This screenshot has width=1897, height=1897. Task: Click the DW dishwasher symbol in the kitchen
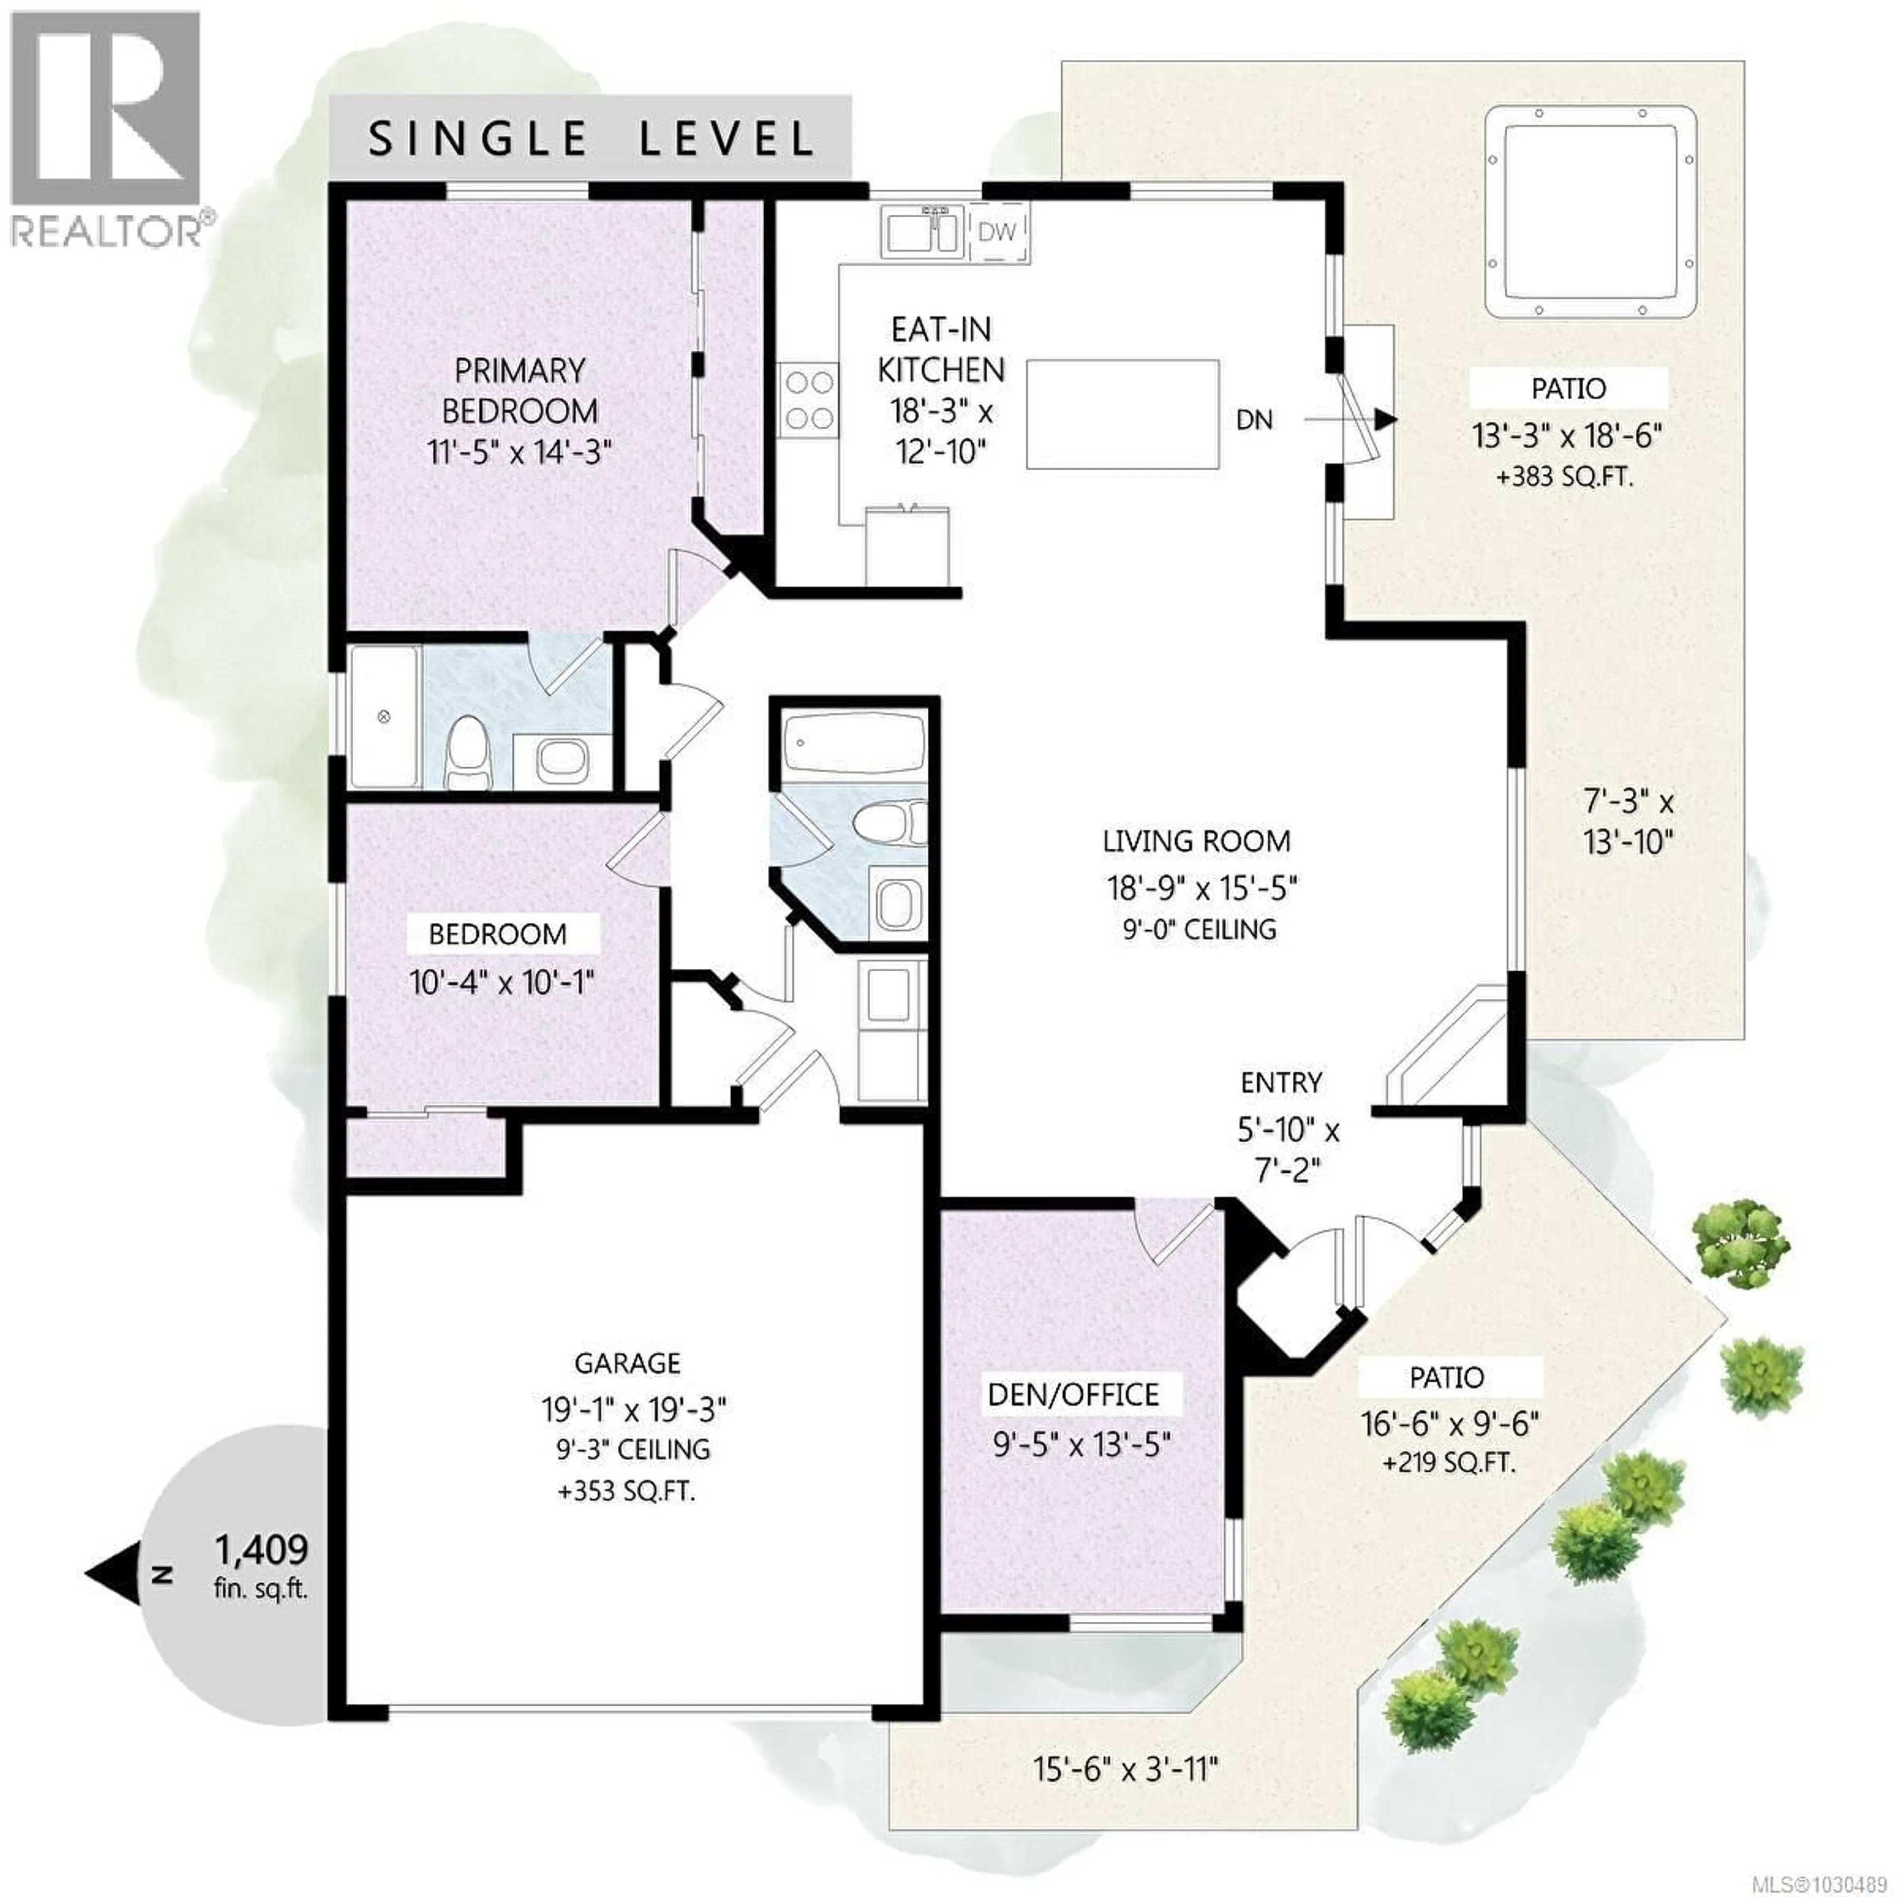(997, 233)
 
